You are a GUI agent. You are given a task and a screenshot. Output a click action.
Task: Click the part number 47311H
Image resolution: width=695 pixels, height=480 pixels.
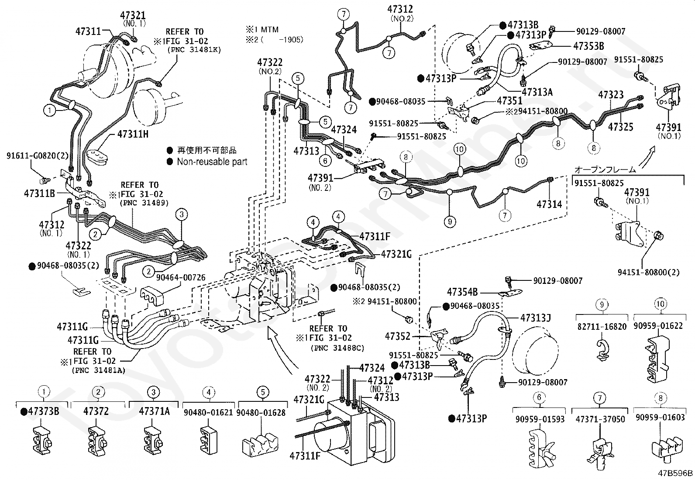pos(133,135)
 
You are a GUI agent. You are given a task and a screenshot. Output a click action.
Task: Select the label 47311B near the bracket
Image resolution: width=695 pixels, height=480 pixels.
pos(39,193)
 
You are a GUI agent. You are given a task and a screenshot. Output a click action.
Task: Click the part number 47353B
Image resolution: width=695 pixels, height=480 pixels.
pos(588,45)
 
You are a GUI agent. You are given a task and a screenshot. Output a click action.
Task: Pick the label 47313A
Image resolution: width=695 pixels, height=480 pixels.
pos(537,92)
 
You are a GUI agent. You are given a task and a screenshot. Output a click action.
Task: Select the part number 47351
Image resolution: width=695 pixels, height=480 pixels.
pos(509,101)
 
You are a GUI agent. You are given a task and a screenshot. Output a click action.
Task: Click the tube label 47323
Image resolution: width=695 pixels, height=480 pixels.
pos(611,94)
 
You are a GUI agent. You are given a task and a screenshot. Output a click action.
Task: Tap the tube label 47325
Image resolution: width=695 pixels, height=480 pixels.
pos(620,127)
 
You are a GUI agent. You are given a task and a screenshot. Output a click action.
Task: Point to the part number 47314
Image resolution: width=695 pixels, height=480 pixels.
pos(549,204)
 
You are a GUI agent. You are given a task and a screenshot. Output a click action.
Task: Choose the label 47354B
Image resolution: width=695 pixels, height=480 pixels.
pos(462,292)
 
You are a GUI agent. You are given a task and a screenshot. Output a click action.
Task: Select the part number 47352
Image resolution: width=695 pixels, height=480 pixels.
pos(398,336)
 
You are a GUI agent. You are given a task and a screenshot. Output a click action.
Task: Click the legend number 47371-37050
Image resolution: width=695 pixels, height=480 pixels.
pos(600,419)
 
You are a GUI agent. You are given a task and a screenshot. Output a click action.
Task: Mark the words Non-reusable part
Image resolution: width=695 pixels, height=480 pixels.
pos(212,162)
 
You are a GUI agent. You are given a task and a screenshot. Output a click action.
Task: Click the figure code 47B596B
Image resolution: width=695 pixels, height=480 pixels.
pos(676,473)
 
